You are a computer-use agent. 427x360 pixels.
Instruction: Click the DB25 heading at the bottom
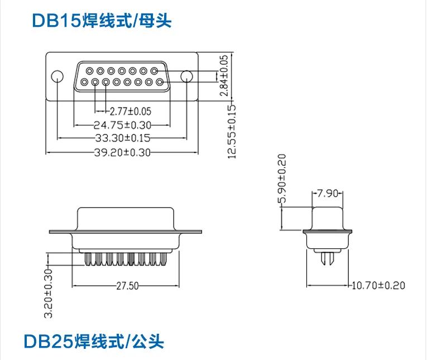[x=94, y=340]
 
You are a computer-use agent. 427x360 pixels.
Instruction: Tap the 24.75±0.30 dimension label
[x=122, y=124]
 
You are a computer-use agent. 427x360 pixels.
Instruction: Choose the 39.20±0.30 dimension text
[x=122, y=152]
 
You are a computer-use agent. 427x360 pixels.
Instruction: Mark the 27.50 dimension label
[x=127, y=286]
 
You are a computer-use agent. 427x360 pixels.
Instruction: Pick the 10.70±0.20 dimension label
[x=377, y=286]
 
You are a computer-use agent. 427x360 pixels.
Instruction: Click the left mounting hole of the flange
[x=57, y=76]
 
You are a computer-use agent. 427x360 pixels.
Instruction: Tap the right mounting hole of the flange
[x=187, y=76]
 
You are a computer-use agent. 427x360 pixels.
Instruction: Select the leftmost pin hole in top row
[x=89, y=71]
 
